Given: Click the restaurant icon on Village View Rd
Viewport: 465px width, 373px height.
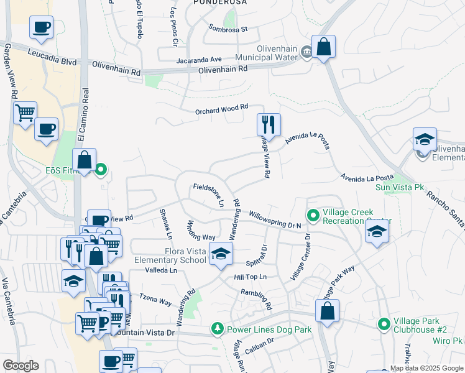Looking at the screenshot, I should point(269,124).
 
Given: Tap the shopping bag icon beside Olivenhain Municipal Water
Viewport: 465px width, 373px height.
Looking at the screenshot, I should point(323,47).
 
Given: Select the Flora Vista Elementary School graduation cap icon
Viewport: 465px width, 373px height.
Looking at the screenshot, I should point(220,254).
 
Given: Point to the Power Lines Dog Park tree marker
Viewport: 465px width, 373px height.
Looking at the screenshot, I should point(217,328).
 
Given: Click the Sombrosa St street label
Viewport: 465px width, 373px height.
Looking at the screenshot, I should point(228,29).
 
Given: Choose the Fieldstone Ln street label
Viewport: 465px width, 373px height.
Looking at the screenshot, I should point(208,193).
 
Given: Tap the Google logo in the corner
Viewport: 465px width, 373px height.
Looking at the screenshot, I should point(21,365).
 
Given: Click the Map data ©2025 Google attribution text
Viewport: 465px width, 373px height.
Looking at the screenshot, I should point(426,368).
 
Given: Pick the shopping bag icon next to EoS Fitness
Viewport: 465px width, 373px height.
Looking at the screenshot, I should point(85,160).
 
